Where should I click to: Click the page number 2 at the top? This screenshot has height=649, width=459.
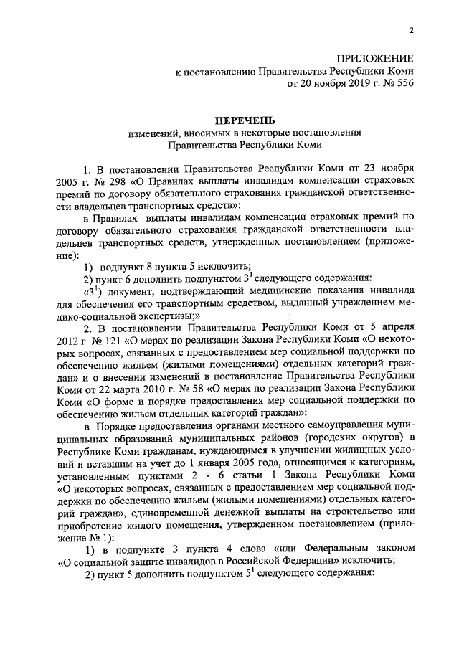coord(411,30)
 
